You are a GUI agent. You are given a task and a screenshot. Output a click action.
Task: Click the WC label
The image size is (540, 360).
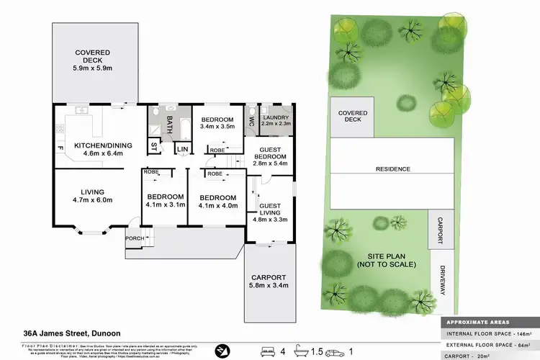[251, 122]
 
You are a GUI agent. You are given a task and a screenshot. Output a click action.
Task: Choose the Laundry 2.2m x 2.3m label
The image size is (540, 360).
[276, 120]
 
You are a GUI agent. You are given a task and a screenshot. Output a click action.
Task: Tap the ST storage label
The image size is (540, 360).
[154, 147]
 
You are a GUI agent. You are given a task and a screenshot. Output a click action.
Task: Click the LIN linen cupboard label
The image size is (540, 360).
[182, 149]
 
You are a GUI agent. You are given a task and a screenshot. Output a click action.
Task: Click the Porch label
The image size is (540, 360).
[133, 238]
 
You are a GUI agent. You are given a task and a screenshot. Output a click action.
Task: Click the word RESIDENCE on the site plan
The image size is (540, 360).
[393, 169]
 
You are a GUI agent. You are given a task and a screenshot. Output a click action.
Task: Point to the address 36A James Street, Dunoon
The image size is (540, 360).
[72, 333]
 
